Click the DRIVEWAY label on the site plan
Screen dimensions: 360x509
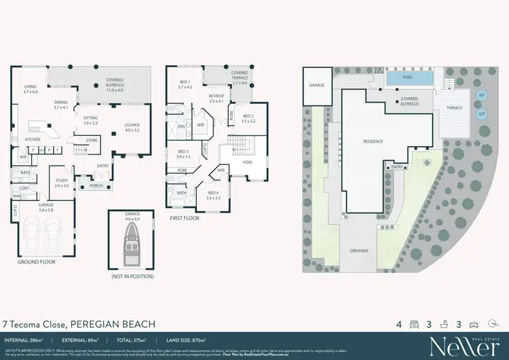point(360,251)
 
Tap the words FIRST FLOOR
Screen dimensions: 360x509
point(185,219)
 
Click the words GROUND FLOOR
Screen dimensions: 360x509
point(36,261)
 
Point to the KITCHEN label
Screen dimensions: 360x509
point(33,139)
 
